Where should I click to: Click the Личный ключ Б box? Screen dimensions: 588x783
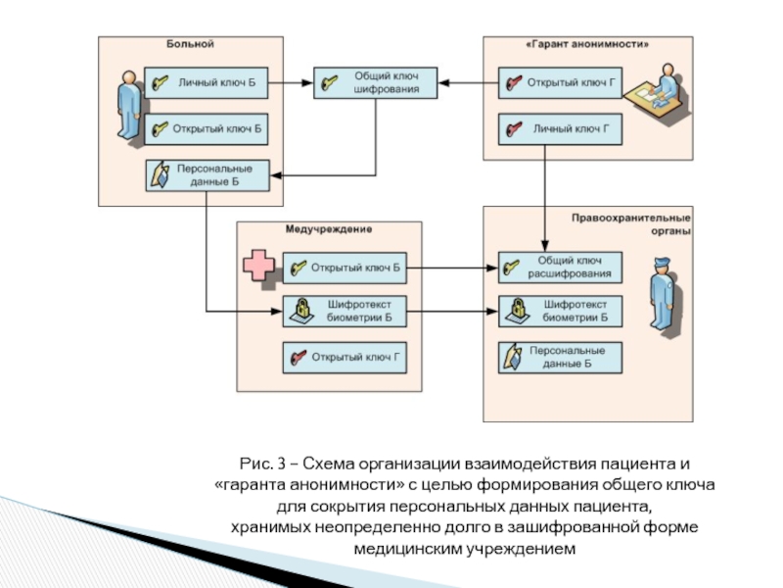pos(206,84)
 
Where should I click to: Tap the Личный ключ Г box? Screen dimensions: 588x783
pos(559,128)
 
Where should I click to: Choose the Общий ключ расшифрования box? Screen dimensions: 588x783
pos(559,267)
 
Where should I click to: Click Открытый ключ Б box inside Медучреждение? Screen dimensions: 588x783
pos(344,267)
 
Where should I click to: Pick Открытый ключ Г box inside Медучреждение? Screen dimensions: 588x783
pos(344,358)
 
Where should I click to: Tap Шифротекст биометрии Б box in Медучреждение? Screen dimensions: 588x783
pos(344,312)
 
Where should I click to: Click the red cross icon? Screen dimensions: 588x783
pos(258,267)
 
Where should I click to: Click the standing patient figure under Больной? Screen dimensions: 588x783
pos(127,108)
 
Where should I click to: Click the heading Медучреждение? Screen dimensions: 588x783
pos(329,229)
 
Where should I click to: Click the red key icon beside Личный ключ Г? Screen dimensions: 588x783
pos(513,128)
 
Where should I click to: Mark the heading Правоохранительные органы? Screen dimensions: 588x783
pos(631,224)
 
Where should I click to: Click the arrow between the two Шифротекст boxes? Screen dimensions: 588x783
pos(451,312)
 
